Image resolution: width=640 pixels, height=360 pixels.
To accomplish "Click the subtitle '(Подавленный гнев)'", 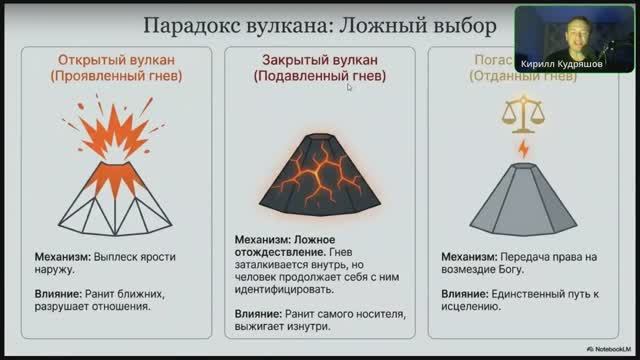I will tap(319, 76).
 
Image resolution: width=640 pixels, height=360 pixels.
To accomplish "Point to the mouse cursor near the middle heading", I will tap(349, 88).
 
